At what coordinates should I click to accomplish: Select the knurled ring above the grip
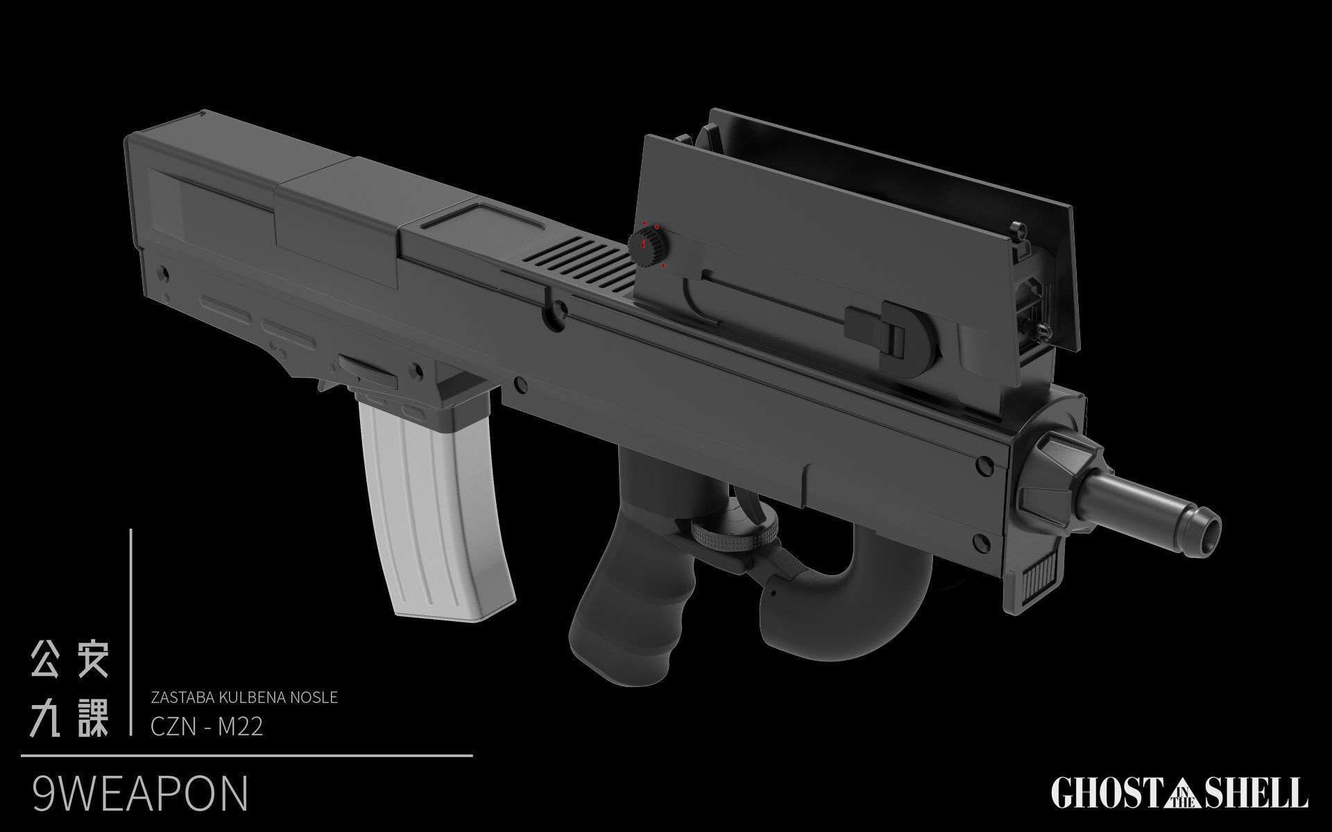[735, 536]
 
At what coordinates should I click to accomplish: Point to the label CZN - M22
[207, 728]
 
